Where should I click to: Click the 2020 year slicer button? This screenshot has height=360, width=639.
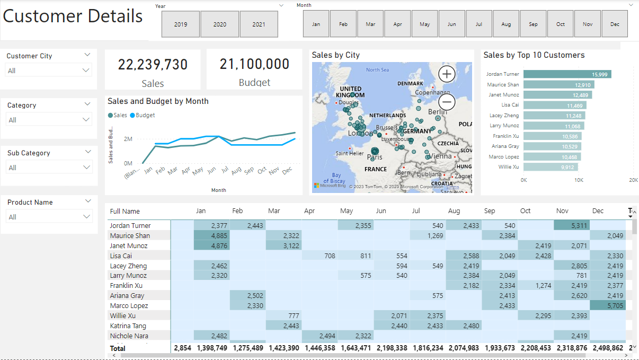pos(220,24)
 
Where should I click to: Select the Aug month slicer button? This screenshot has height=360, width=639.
pos(506,24)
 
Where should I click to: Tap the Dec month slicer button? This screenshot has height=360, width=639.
pos(615,24)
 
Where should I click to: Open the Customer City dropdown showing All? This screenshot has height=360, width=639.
pos(49,71)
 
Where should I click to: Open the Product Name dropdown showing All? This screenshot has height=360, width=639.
pos(49,217)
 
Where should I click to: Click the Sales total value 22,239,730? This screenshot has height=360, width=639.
pos(153,65)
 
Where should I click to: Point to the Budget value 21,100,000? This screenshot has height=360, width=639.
pos(254,64)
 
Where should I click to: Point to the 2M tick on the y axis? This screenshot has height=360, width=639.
pos(128,139)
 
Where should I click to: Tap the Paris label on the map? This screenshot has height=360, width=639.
pos(375,157)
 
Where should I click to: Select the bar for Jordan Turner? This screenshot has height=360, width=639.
pos(567,74)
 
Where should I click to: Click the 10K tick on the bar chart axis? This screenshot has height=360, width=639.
pos(579,180)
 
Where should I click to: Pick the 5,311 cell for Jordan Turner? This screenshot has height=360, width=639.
pos(572,226)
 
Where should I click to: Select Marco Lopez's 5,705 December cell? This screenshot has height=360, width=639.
pos(608,306)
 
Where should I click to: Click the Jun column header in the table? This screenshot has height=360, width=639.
pos(381,211)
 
